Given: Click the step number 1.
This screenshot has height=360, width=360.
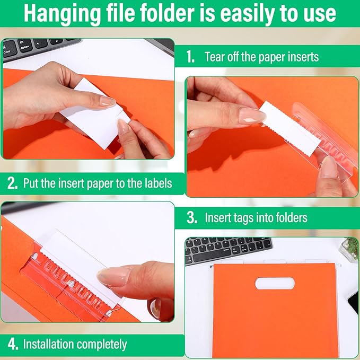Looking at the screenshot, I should coord(190,57).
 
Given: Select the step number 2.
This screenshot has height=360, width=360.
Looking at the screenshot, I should coord(12,184).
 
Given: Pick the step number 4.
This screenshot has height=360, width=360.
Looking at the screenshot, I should coord(12,344).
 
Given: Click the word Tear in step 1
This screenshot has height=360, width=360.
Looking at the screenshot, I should coord(215,57).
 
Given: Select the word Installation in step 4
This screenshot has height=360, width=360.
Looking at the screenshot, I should coord(47,344).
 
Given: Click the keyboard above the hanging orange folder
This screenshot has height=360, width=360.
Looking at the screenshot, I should coord(228,250).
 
